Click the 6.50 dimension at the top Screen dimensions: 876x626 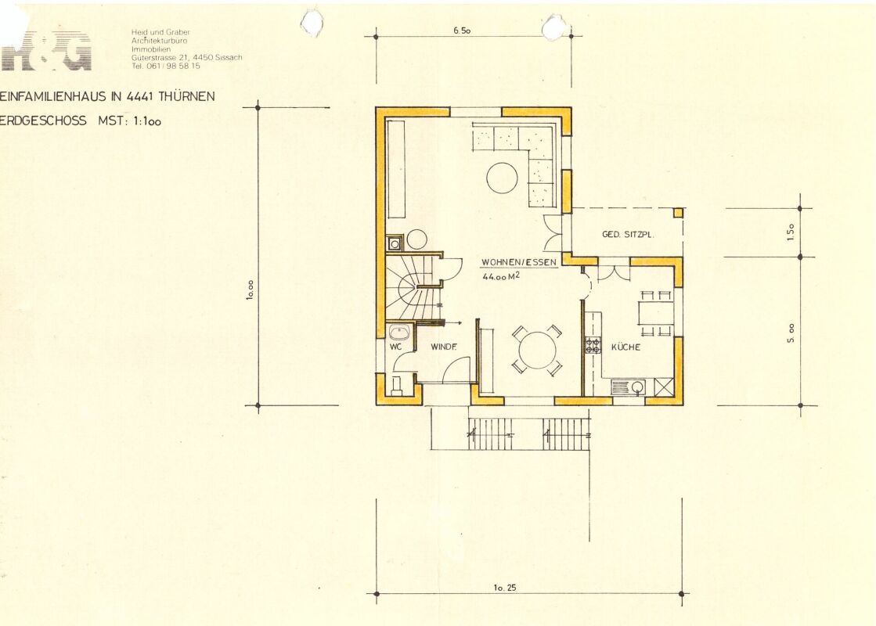pyautogui.click(x=462, y=31)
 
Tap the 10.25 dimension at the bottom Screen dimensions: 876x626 pyautogui.click(x=505, y=587)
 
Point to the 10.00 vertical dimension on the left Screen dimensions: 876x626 pyautogui.click(x=250, y=290)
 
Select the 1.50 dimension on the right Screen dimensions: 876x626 pyautogui.click(x=791, y=232)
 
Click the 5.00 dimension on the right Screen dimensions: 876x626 pyautogui.click(x=791, y=333)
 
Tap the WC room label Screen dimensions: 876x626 pyautogui.click(x=395, y=347)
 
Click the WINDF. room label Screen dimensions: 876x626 pyautogui.click(x=444, y=347)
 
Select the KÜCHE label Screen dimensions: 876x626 pyautogui.click(x=625, y=347)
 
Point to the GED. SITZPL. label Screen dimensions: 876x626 pyautogui.click(x=628, y=235)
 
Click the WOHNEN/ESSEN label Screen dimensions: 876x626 pyautogui.click(x=519, y=262)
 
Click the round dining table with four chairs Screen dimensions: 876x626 pyautogui.click(x=538, y=351)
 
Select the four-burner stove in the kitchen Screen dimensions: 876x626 pyautogui.click(x=593, y=345)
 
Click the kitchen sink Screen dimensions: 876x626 pyautogui.click(x=628, y=387)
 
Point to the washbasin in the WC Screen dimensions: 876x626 pyautogui.click(x=399, y=333)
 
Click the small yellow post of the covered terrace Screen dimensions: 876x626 pyautogui.click(x=678, y=212)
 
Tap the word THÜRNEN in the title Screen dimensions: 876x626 pyautogui.click(x=186, y=96)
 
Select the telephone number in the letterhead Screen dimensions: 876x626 pyautogui.click(x=166, y=66)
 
